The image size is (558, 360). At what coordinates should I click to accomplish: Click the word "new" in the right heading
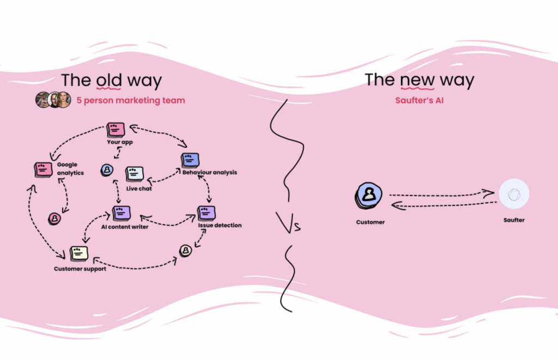pos(417,80)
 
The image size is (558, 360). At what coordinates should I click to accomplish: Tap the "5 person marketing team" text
pos(130,100)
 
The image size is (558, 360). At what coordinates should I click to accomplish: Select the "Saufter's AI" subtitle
pos(419,100)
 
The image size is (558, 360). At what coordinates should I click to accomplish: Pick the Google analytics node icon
pos(43,169)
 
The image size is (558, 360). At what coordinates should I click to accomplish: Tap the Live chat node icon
pos(134,174)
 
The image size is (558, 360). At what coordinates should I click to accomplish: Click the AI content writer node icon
pos(121,213)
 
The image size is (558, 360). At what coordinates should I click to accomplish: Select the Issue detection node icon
pos(206,212)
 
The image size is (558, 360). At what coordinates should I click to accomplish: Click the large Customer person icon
pos(369,195)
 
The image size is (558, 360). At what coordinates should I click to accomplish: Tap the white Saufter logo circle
pos(514,194)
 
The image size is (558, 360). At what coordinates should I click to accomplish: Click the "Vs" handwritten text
pos(289,223)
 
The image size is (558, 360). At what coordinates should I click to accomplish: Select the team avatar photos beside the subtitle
pos(53,100)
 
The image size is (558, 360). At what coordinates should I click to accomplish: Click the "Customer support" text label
pos(80,269)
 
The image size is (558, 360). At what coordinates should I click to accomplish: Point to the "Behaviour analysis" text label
pos(210,173)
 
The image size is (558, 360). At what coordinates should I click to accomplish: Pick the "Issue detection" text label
pos(220,225)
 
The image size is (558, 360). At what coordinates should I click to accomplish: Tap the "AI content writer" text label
pos(125,227)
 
